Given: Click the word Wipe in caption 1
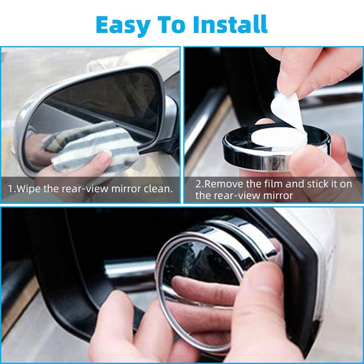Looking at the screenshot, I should click(x=28, y=188).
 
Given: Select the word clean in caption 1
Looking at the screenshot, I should click(x=157, y=188).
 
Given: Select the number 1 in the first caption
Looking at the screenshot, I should click(x=10, y=188).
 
